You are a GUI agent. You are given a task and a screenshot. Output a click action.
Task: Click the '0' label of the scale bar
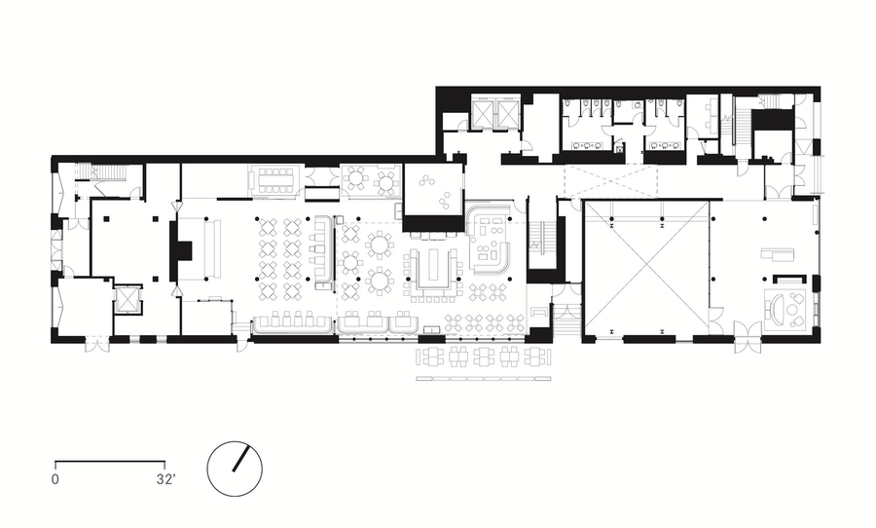coord(55,479)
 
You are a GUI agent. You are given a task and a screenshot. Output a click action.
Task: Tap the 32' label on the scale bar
coord(165,479)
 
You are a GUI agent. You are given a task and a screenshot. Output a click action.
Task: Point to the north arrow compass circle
coord(235,469)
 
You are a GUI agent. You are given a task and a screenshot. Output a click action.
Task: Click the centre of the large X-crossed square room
coord(646,266)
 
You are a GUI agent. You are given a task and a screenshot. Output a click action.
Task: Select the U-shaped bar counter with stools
coord(434,274)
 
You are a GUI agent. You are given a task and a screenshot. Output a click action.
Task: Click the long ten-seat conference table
coord(275,180)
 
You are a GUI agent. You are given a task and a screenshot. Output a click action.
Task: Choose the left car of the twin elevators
coord(483,114)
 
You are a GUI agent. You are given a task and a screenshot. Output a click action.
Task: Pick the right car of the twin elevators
coord(508,114)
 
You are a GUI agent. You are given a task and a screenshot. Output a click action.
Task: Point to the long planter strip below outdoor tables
coord(484,379)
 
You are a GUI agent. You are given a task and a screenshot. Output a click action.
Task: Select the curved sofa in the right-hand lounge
coord(774,309)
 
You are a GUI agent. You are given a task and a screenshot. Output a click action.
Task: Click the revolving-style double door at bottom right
coord(748,337)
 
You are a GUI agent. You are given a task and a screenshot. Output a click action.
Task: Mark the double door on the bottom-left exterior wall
coord(94,344)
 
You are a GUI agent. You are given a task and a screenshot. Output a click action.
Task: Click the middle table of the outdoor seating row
coord(484,357)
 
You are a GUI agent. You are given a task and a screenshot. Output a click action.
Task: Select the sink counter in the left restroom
coord(587,145)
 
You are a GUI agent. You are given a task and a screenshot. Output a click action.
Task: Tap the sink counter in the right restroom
coord(666,145)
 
